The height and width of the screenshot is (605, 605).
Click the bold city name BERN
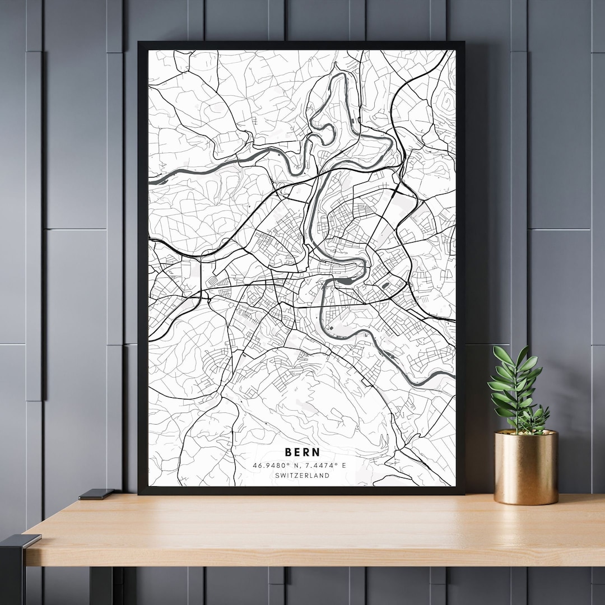(302, 452)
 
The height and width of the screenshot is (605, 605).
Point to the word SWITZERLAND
(302, 476)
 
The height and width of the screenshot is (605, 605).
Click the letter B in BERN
(288, 452)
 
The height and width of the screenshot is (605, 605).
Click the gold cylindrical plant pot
(526, 468)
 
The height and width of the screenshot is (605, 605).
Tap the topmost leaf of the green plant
(523, 353)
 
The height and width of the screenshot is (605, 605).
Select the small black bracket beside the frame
(96, 494)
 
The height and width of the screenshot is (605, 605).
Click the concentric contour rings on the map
(446, 103)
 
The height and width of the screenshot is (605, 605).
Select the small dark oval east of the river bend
(385, 286)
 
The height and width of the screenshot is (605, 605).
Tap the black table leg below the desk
(101, 585)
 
